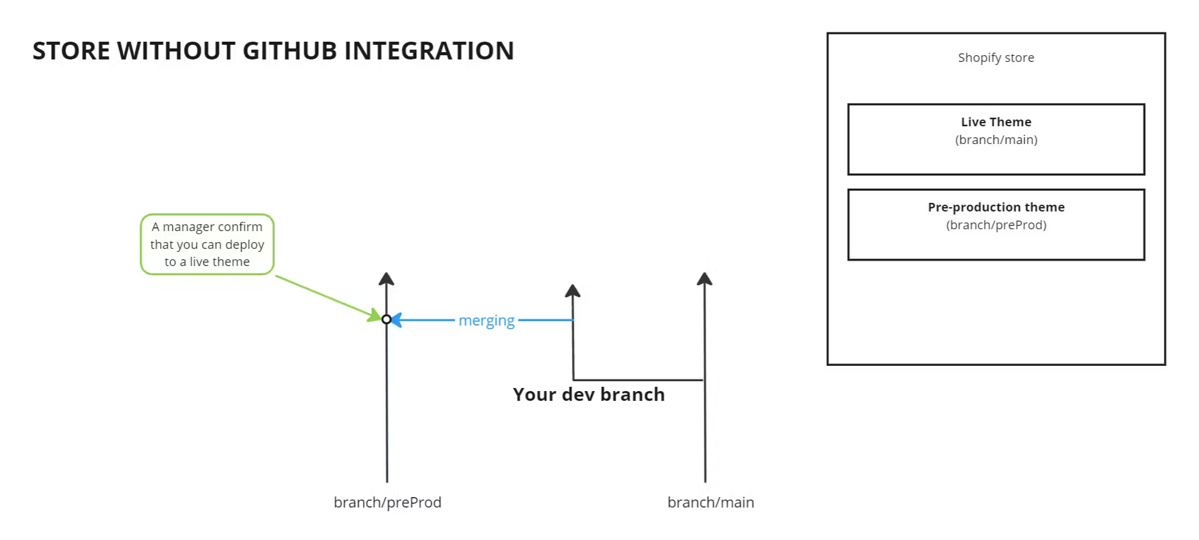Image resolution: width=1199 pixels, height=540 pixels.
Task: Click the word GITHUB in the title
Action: click(289, 51)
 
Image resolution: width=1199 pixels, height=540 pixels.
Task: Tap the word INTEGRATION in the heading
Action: click(429, 51)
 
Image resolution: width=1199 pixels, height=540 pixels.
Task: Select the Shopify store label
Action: click(995, 58)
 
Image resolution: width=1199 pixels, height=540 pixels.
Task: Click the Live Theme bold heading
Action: click(995, 122)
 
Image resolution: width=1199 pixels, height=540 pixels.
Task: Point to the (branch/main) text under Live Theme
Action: click(995, 140)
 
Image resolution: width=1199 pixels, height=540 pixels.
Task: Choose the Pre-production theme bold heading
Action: click(995, 207)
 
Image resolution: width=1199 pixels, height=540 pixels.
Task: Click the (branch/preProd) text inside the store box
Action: click(995, 225)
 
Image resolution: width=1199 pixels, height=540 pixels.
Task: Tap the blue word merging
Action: click(486, 321)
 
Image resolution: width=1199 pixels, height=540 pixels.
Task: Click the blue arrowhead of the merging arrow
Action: click(397, 320)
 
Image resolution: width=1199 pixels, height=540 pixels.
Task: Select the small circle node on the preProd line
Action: click(386, 319)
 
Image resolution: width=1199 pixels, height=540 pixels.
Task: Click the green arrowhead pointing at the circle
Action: click(375, 316)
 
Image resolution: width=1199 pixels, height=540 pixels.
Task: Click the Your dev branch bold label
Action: click(588, 394)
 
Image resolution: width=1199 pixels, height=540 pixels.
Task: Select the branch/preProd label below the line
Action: click(387, 503)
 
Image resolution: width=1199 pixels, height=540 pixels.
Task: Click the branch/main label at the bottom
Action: click(710, 503)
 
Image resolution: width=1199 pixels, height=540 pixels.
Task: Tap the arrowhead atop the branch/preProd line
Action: click(386, 280)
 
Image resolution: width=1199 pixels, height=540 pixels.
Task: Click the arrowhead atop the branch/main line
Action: click(704, 280)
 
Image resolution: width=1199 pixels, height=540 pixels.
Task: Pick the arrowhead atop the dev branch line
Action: click(573, 291)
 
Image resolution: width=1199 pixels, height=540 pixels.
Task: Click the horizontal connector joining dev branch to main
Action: click(638, 380)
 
